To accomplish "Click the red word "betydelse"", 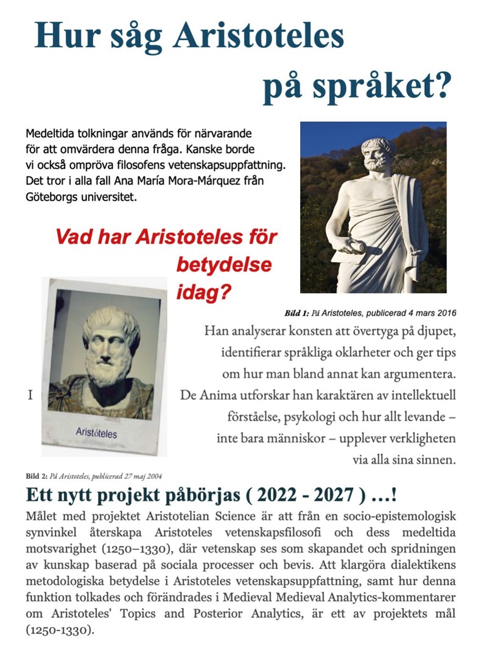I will tap(224, 265).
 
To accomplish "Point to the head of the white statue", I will tap(378, 155).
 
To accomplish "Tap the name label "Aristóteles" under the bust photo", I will tap(97, 434).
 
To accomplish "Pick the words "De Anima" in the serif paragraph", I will tap(205, 395).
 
